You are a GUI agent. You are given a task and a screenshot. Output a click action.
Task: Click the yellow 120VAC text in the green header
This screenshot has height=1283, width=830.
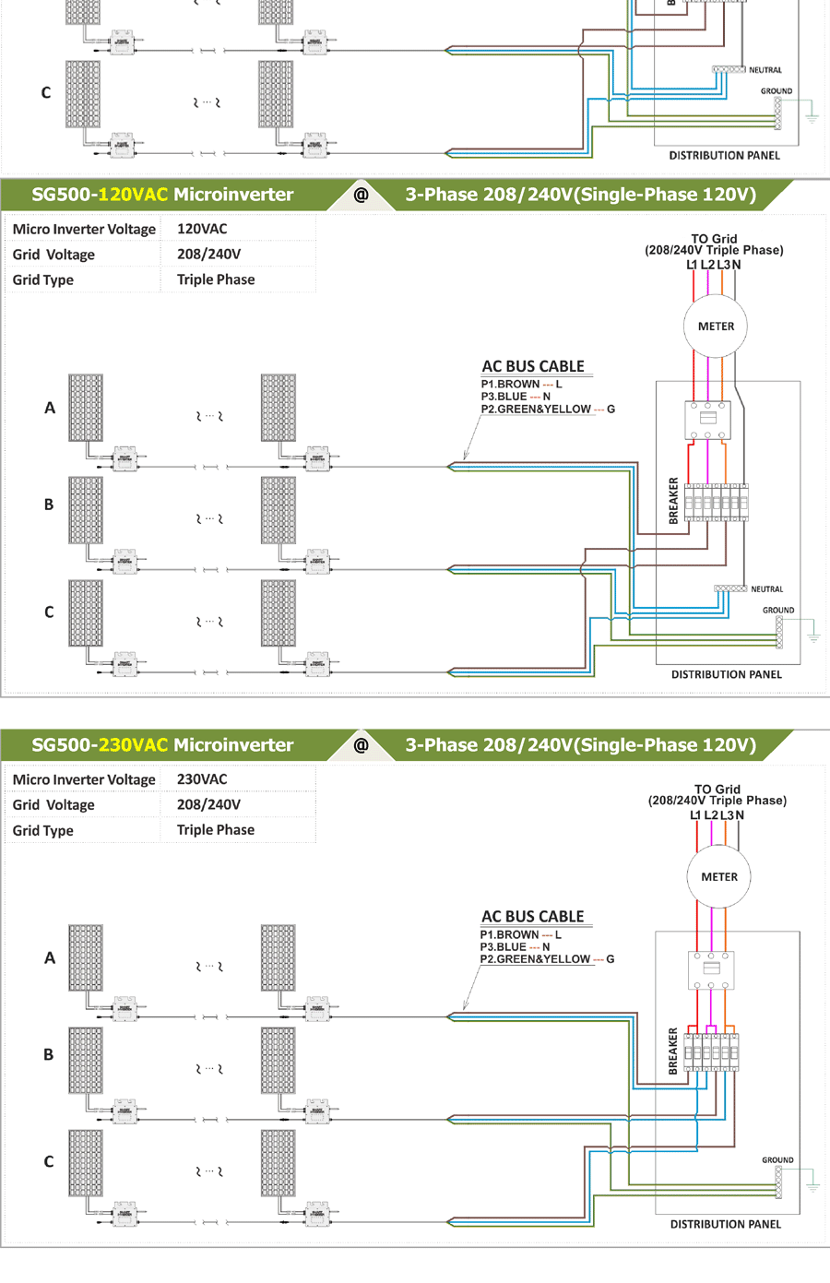click(x=133, y=195)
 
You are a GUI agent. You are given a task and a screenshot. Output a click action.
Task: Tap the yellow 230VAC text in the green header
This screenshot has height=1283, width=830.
click(x=133, y=745)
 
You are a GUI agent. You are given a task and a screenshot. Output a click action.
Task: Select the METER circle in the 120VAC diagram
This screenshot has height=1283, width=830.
click(x=716, y=327)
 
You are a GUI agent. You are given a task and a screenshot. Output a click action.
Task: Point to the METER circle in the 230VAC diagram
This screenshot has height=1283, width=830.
click(x=719, y=877)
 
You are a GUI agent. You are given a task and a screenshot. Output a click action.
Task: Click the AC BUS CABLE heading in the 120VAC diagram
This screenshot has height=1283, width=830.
click(x=533, y=366)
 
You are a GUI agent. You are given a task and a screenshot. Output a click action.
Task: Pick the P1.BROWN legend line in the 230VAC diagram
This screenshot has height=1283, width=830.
click(x=520, y=935)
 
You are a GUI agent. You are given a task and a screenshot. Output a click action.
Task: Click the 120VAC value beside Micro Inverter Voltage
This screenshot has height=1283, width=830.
click(x=202, y=229)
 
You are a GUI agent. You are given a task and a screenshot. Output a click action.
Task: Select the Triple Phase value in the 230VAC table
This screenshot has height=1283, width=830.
click(x=216, y=830)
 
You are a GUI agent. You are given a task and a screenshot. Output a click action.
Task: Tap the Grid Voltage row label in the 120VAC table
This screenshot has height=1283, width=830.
click(x=53, y=255)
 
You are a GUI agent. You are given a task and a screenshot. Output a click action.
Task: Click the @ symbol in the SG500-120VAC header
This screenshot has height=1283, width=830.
click(x=361, y=195)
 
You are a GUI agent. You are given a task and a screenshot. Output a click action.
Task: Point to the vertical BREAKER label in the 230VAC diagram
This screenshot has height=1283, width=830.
click(x=673, y=1051)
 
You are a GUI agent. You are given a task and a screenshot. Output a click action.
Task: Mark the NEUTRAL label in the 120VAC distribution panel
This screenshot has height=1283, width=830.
click(x=766, y=589)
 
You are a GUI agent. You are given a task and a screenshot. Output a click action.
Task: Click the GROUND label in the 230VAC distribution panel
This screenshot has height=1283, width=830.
click(x=777, y=1160)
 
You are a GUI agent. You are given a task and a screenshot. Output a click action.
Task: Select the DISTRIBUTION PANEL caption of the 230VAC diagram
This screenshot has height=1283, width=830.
click(x=725, y=1225)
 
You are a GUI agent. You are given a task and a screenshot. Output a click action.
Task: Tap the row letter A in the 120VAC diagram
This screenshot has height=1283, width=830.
click(x=50, y=408)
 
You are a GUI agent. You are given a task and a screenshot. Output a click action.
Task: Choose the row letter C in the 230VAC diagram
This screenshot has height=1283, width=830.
click(x=49, y=1162)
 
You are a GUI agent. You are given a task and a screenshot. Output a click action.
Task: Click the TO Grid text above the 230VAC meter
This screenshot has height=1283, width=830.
click(x=717, y=790)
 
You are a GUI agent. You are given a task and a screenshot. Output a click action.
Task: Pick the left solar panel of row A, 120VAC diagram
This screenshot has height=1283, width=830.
click(x=86, y=408)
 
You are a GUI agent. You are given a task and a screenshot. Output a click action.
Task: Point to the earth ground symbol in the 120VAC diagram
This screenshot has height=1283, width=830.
click(x=813, y=635)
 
